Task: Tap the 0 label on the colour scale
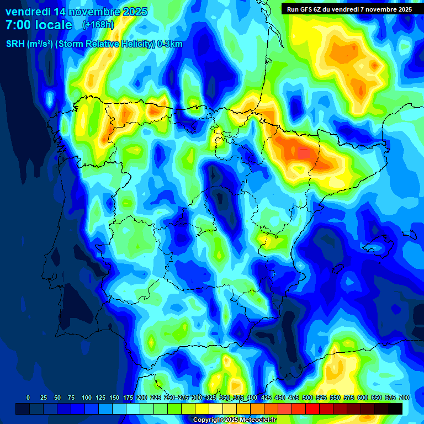28,397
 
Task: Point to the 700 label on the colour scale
404,397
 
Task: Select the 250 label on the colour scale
169,397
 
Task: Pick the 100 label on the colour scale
87,397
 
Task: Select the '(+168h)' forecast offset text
98,25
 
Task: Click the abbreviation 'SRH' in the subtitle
15,45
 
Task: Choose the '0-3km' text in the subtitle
170,45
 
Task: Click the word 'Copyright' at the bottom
209,420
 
